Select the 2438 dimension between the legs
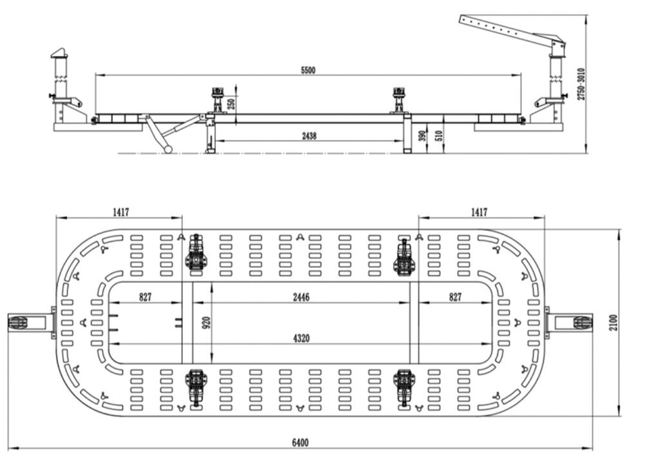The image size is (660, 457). [309, 136]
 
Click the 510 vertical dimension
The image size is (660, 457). [440, 135]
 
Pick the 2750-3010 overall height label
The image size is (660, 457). [581, 84]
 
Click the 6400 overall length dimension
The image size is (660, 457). [300, 442]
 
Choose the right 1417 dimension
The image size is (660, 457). [479, 212]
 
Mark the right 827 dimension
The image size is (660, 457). [455, 298]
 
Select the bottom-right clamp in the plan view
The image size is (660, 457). [404, 386]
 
